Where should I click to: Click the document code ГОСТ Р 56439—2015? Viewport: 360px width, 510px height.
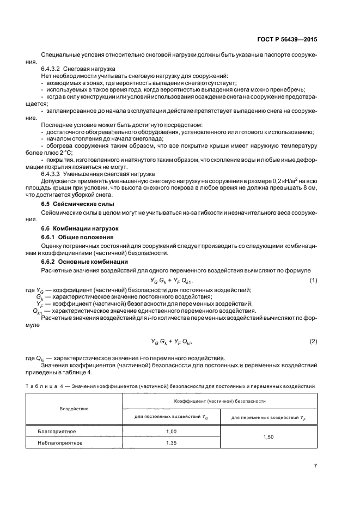pyautogui.click(x=286, y=39)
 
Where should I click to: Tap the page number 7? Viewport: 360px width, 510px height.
pyautogui.click(x=315, y=465)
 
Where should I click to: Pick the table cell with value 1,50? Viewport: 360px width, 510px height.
pyautogui.click(x=268, y=437)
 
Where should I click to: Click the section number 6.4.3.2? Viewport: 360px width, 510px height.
pyautogui.click(x=51, y=69)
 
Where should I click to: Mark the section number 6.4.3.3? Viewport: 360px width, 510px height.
pyautogui.click(x=51, y=173)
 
